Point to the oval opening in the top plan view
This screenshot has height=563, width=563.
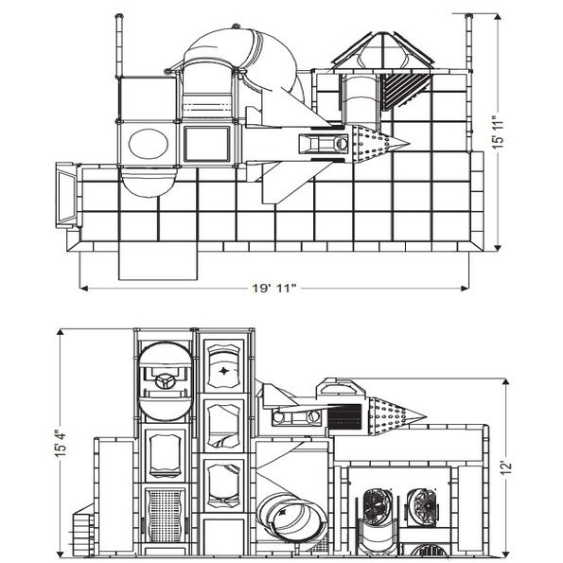click(144, 144)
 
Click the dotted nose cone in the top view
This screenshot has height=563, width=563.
click(378, 144)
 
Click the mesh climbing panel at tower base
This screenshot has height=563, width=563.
click(165, 517)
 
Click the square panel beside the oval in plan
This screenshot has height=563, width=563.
click(205, 144)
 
